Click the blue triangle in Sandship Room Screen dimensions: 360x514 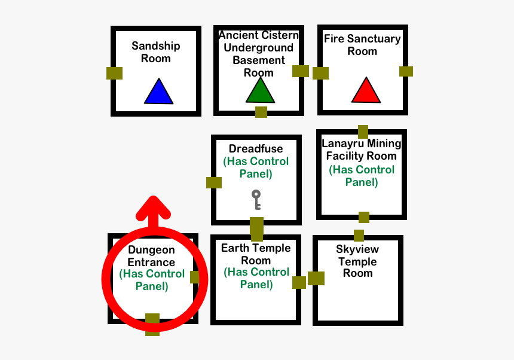click(158, 92)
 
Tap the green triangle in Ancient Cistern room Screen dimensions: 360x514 click(260, 91)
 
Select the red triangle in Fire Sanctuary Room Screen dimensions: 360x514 click(365, 91)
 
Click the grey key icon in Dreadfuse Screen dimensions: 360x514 click(256, 200)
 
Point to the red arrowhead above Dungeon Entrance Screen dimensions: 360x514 click(154, 207)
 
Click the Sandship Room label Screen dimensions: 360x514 click(156, 52)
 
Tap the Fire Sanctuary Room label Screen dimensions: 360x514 click(362, 45)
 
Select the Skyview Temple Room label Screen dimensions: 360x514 click(357, 261)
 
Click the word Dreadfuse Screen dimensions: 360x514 click(256, 149)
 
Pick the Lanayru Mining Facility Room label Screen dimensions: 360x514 click(361, 150)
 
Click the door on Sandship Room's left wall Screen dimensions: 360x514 click(114, 73)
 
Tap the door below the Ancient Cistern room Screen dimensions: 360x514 click(261, 112)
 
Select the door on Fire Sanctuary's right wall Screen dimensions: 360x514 click(406, 71)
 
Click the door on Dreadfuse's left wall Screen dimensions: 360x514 click(214, 182)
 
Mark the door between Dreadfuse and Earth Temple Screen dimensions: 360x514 click(256, 229)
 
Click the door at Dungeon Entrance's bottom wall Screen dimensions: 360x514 click(152, 324)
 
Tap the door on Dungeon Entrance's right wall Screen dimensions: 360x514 click(195, 277)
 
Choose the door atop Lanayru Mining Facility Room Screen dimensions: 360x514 click(363, 132)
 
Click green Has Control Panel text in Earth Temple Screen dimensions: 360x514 click(256, 278)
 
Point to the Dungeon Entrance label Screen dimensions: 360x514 click(151, 256)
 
